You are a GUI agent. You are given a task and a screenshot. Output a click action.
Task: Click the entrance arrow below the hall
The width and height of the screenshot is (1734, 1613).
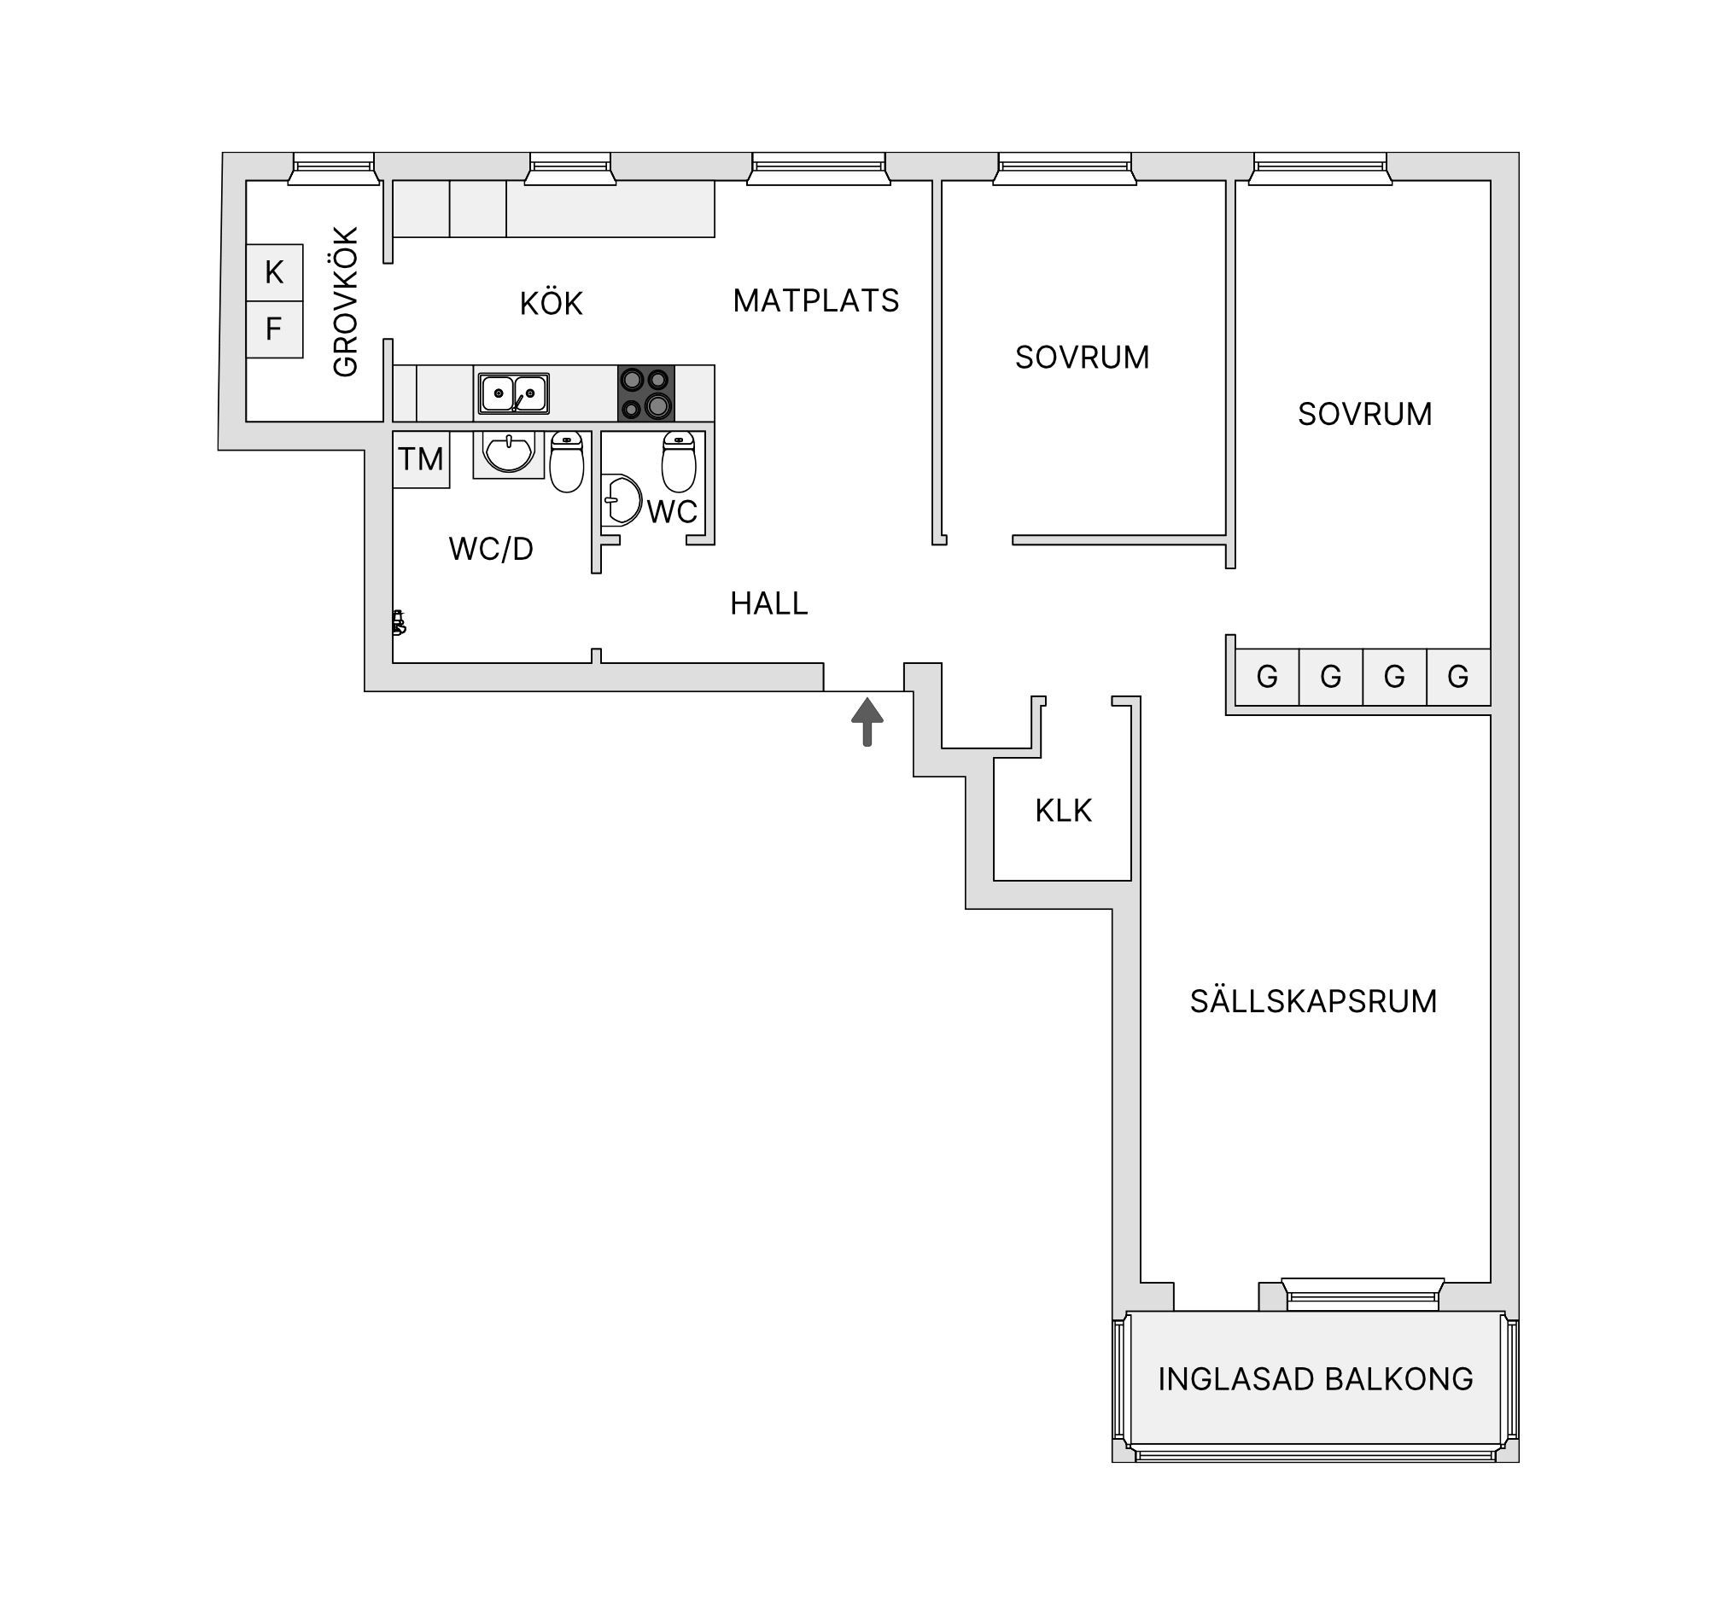pos(867,722)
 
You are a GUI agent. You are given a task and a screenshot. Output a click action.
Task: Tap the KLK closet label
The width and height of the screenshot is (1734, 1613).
pos(1063,811)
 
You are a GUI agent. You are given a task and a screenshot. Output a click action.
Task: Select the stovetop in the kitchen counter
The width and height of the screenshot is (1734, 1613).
pos(646,393)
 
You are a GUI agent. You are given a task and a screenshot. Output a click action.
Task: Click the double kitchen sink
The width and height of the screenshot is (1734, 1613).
pos(514,393)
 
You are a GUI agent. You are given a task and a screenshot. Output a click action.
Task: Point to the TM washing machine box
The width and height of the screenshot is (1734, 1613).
pos(421,459)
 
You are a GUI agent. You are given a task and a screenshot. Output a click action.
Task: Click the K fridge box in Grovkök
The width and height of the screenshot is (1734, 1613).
pos(275,273)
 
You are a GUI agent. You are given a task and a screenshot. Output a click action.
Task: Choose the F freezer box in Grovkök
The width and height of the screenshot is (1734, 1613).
pos(275,329)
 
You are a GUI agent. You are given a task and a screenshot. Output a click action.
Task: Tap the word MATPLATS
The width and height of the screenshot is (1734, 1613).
pos(815,300)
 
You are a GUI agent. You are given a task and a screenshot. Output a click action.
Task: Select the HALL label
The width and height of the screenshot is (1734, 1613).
pos(769,603)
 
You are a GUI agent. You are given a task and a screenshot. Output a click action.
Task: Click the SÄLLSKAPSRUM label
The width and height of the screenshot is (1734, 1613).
pos(1314,1001)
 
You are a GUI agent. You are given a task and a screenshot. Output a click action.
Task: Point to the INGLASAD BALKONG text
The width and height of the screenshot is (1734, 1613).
pos(1316,1378)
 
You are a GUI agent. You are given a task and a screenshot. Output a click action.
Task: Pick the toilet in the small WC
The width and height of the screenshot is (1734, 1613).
pos(679,461)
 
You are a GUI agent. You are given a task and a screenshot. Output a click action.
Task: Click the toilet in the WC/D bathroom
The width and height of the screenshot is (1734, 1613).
pos(566,461)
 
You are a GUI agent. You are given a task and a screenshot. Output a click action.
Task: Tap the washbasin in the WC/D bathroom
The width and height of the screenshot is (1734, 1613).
pos(509,454)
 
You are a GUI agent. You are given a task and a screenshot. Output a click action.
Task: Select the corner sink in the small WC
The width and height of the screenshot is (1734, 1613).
pos(621,500)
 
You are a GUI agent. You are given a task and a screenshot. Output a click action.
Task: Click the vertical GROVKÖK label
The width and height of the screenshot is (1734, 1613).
pos(347,301)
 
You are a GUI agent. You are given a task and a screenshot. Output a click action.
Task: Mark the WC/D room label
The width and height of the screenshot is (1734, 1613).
pos(491,549)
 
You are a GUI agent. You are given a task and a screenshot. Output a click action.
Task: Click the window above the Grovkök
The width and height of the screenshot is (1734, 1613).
pos(334,169)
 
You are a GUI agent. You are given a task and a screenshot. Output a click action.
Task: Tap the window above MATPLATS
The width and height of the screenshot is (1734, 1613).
pos(818,169)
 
